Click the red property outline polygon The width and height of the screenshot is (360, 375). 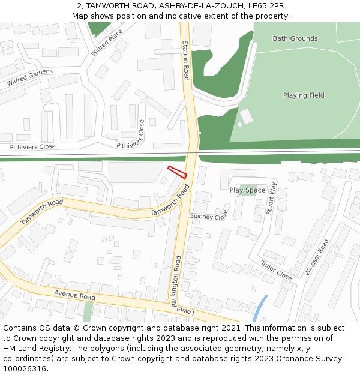point(177,172)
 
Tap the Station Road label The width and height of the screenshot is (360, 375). point(186,61)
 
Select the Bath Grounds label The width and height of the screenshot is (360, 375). point(295,38)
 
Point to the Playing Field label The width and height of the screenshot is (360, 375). point(304,95)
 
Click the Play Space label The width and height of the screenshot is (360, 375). point(247,190)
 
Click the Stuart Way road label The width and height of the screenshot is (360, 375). point(272,198)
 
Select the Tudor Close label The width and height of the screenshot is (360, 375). point(276,271)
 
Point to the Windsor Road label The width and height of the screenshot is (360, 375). point(317,257)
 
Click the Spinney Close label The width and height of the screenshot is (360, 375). point(209,215)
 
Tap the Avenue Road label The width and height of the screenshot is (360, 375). point(74,296)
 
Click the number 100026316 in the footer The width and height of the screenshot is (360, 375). point(25,369)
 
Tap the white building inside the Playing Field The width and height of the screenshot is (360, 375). point(247,116)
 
